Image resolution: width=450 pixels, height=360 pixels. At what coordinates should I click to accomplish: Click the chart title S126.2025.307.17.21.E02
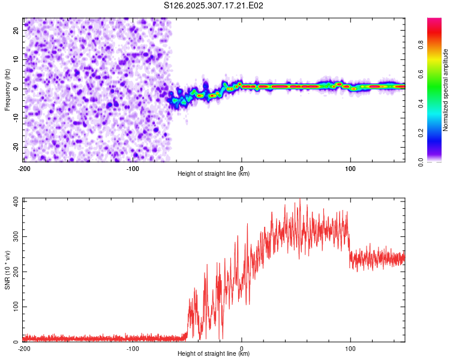pyautogui.click(x=214, y=6)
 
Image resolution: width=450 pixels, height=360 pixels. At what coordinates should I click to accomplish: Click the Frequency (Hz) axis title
pyautogui.click(x=7, y=90)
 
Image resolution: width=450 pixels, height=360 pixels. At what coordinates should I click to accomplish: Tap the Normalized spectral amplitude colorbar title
pyautogui.click(x=445, y=90)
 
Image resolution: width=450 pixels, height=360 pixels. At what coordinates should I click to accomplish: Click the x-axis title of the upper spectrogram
pyautogui.click(x=214, y=173)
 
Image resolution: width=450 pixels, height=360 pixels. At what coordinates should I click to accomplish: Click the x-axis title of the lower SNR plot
pyautogui.click(x=214, y=353)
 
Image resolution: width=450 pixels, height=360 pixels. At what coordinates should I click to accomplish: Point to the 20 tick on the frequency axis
pyautogui.click(x=16, y=29)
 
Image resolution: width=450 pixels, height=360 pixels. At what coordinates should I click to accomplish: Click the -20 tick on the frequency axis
pyautogui.click(x=15, y=147)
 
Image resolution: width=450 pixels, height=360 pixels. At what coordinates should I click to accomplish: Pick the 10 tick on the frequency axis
pyautogui.click(x=16, y=59)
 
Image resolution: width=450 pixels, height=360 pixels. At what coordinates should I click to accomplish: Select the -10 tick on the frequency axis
pyautogui.click(x=15, y=118)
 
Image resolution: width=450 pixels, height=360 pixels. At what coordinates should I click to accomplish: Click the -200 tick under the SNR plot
pyautogui.click(x=24, y=348)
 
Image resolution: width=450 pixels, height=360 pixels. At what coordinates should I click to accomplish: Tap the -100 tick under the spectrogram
pyautogui.click(x=133, y=168)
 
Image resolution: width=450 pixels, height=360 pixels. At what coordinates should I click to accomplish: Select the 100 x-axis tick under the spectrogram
pyautogui.click(x=350, y=168)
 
